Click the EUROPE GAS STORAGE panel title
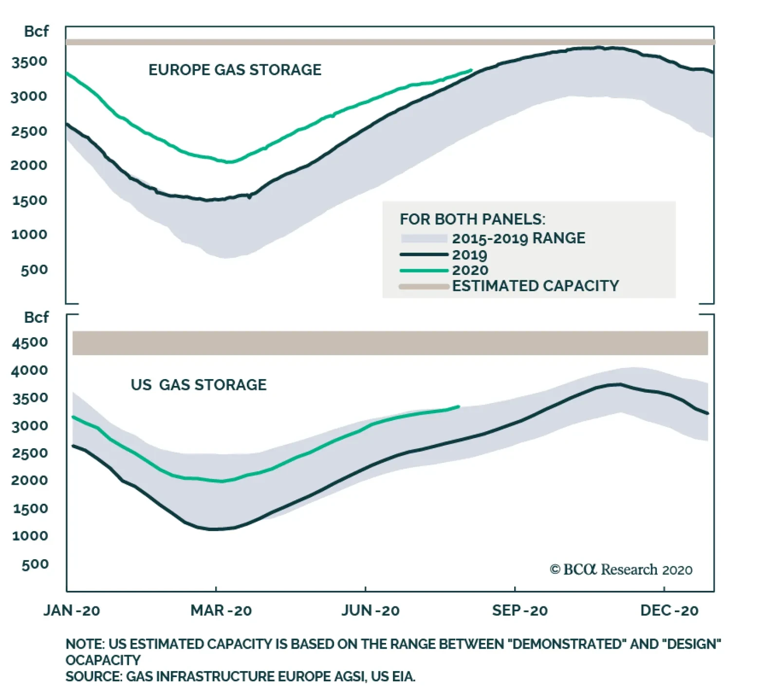click(x=235, y=70)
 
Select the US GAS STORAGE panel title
click(x=199, y=385)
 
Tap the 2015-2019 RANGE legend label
click(x=519, y=238)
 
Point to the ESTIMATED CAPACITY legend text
click(x=536, y=286)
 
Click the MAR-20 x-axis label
click(x=221, y=610)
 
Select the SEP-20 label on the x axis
click(x=519, y=610)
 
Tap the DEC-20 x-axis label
click(x=669, y=610)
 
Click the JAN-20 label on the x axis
click(x=72, y=610)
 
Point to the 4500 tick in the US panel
click(x=30, y=342)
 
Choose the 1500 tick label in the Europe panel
click(x=30, y=200)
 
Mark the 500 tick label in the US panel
click(x=35, y=565)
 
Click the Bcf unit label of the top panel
click(x=37, y=32)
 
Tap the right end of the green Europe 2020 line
click(x=471, y=70)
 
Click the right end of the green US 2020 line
click(x=459, y=406)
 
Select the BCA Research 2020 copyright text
click(x=621, y=569)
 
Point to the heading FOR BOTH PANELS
click(x=472, y=219)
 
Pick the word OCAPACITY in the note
click(x=103, y=660)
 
